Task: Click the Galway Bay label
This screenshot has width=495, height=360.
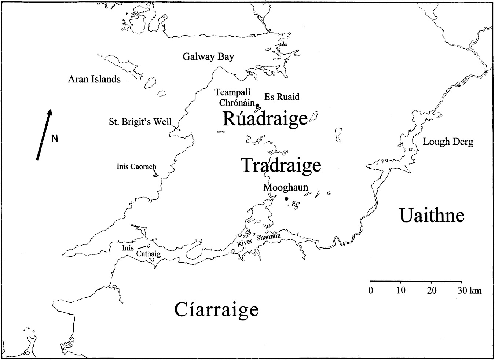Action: pyautogui.click(x=208, y=57)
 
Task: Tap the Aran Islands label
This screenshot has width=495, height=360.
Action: pyautogui.click(x=94, y=79)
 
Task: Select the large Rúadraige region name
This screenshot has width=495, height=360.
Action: pyautogui.click(x=265, y=118)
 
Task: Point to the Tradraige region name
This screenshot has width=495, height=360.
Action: pyautogui.click(x=281, y=165)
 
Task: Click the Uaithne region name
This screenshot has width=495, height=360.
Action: pyautogui.click(x=432, y=216)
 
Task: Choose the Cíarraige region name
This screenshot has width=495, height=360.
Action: pyautogui.click(x=216, y=310)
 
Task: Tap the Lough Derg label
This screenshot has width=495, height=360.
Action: pyautogui.click(x=448, y=142)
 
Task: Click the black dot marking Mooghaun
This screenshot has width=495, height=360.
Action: pyautogui.click(x=286, y=199)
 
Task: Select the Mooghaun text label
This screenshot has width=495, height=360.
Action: pyautogui.click(x=286, y=188)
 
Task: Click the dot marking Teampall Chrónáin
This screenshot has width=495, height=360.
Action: pyautogui.click(x=257, y=106)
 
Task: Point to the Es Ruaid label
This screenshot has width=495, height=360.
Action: pyautogui.click(x=282, y=97)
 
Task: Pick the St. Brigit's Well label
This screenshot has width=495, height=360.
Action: pyautogui.click(x=140, y=122)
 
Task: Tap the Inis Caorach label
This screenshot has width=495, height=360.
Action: pyautogui.click(x=136, y=166)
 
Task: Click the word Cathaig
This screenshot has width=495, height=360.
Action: pyautogui.click(x=148, y=253)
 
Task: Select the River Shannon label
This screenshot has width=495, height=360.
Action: pyautogui.click(x=259, y=240)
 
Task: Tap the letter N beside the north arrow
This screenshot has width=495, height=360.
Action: pyautogui.click(x=55, y=138)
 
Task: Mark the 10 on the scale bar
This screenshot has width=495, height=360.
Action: pyautogui.click(x=401, y=290)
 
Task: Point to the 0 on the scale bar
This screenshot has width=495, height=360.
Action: pyautogui.click(x=370, y=290)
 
